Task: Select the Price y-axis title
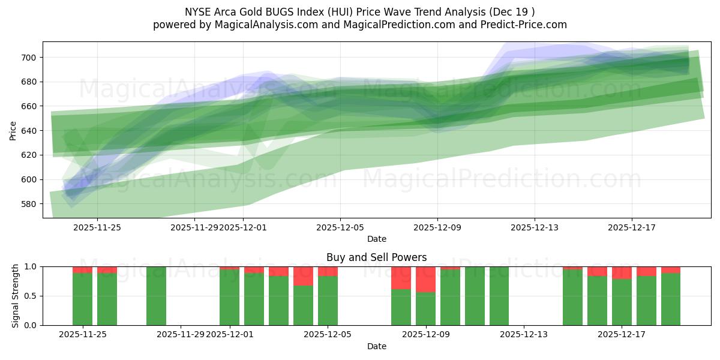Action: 13,130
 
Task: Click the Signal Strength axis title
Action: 16,296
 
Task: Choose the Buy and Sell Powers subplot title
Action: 376,257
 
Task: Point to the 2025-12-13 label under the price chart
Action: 534,227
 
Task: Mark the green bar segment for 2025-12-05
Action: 328,301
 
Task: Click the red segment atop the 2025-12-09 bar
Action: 425,280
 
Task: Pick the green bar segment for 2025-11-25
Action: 82,299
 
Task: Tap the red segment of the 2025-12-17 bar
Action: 622,273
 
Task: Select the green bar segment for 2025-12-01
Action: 229,297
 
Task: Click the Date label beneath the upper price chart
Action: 376,239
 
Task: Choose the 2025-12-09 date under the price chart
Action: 437,227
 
